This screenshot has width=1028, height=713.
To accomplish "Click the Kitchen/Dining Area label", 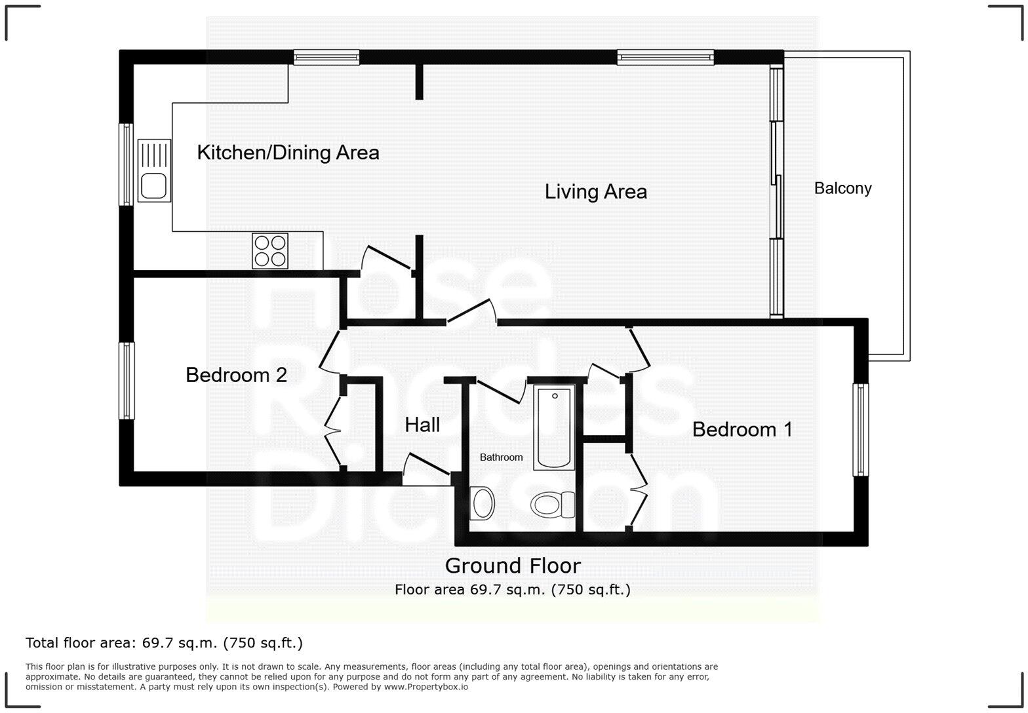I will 288,153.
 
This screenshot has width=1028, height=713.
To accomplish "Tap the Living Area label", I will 595,191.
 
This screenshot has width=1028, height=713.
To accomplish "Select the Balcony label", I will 842,188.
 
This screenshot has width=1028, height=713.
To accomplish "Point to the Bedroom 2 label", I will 236,375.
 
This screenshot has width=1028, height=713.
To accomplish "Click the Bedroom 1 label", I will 742,429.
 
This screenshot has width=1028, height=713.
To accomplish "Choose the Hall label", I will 422,425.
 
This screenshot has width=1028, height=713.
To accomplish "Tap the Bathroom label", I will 501,457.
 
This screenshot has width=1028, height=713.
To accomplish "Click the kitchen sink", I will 154,170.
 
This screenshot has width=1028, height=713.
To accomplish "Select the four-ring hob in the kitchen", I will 270,250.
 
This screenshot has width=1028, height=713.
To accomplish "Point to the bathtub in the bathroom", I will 555,427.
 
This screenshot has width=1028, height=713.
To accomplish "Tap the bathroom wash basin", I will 483,503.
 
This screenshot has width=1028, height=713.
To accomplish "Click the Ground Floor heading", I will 513,566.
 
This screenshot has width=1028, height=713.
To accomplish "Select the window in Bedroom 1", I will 860,429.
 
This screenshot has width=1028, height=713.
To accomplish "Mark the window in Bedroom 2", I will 127,380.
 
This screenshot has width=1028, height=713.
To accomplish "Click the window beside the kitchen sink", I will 125,164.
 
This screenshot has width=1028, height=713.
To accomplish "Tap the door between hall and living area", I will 471,312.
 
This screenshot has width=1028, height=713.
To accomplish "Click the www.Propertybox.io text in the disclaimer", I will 425,687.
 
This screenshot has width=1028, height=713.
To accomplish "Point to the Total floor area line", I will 164,643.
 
